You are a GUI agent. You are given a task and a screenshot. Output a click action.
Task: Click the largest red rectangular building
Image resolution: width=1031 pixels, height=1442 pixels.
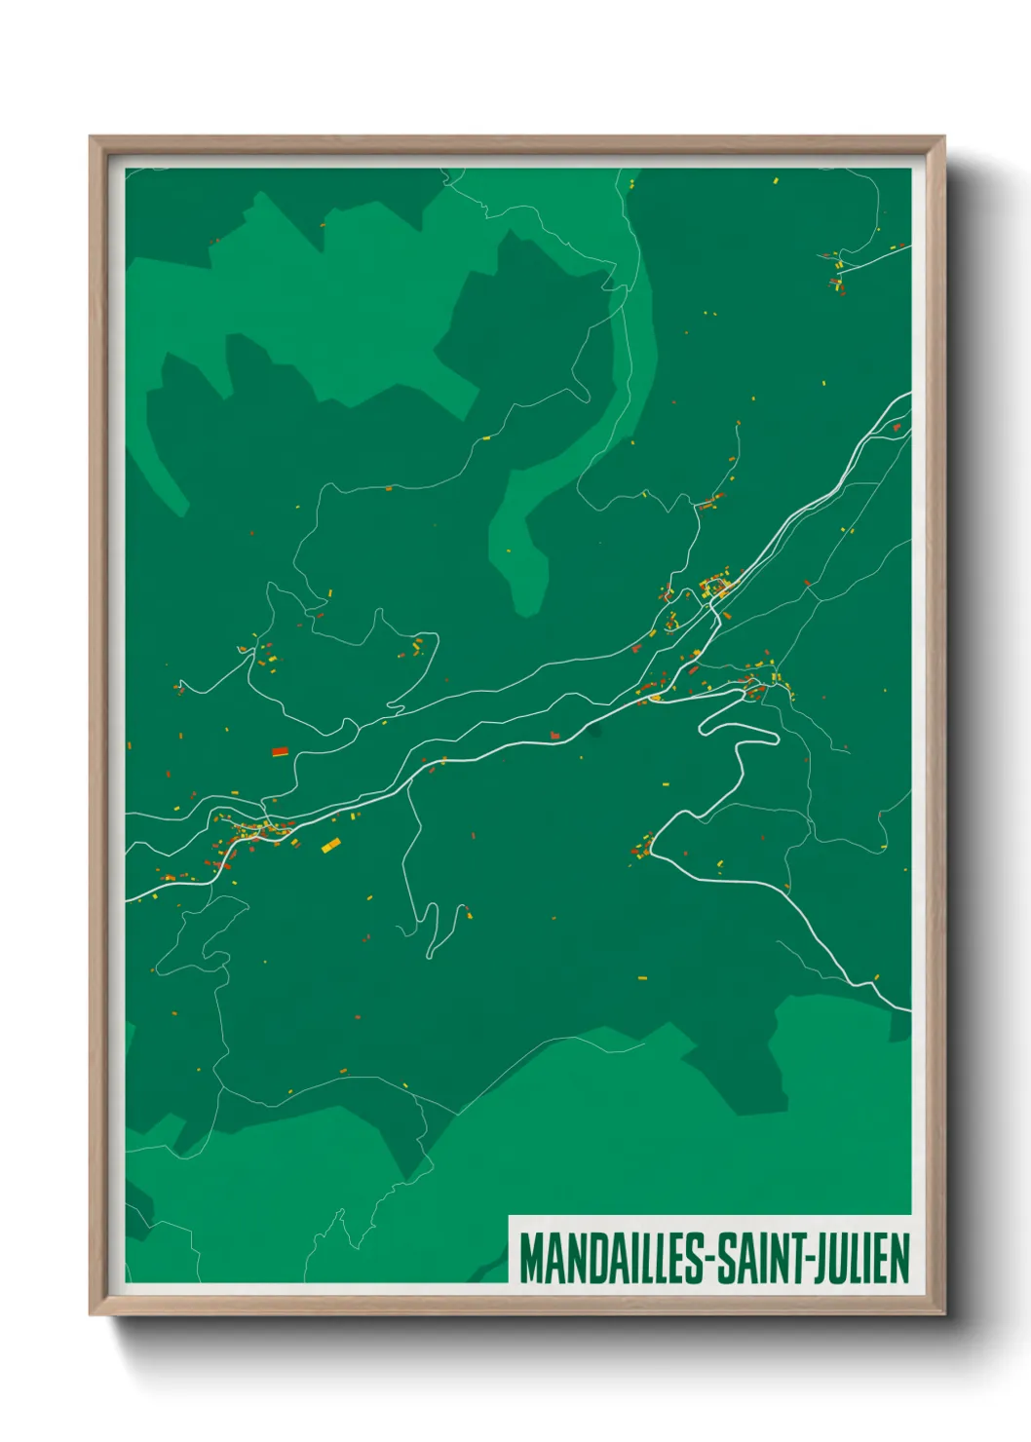click(280, 751)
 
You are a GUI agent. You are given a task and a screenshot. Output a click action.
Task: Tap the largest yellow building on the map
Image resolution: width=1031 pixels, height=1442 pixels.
click(331, 845)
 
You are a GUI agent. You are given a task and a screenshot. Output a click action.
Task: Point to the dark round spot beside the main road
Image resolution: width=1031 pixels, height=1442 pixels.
click(594, 729)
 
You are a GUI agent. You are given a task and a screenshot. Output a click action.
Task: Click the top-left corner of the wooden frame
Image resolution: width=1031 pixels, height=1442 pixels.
click(92, 138)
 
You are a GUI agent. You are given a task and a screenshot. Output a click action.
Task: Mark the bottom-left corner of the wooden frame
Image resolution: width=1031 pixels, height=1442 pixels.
click(92, 1312)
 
